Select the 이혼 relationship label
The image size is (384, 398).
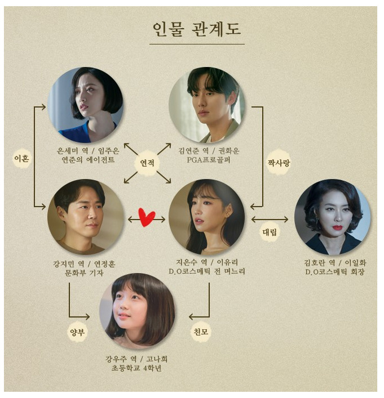tap(21, 159)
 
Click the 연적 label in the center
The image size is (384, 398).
tap(148, 163)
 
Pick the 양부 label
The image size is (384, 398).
tap(77, 332)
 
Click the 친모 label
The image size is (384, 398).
tap(201, 332)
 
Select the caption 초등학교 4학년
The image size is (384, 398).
tap(137, 369)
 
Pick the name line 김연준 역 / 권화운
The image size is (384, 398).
tap(207, 150)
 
